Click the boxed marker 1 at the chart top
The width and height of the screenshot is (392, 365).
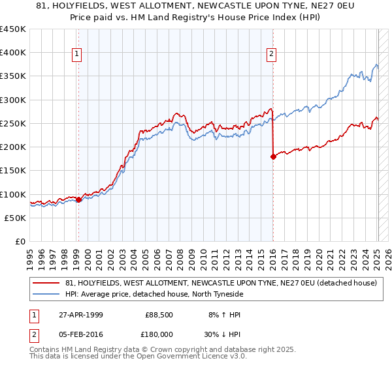coord(77,54)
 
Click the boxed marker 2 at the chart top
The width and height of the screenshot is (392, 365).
coord(271,54)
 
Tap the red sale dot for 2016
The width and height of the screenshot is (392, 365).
coord(272,156)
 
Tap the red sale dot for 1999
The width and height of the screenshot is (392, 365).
coord(78,199)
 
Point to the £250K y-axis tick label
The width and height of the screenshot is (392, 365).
coord(13,123)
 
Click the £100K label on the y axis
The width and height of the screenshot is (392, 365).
coord(13,194)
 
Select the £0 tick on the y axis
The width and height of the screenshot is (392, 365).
coord(21,241)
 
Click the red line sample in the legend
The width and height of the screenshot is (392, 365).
coord(46,284)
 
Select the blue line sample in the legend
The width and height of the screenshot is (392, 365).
coord(46,294)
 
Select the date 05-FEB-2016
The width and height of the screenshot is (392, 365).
coord(79,334)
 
